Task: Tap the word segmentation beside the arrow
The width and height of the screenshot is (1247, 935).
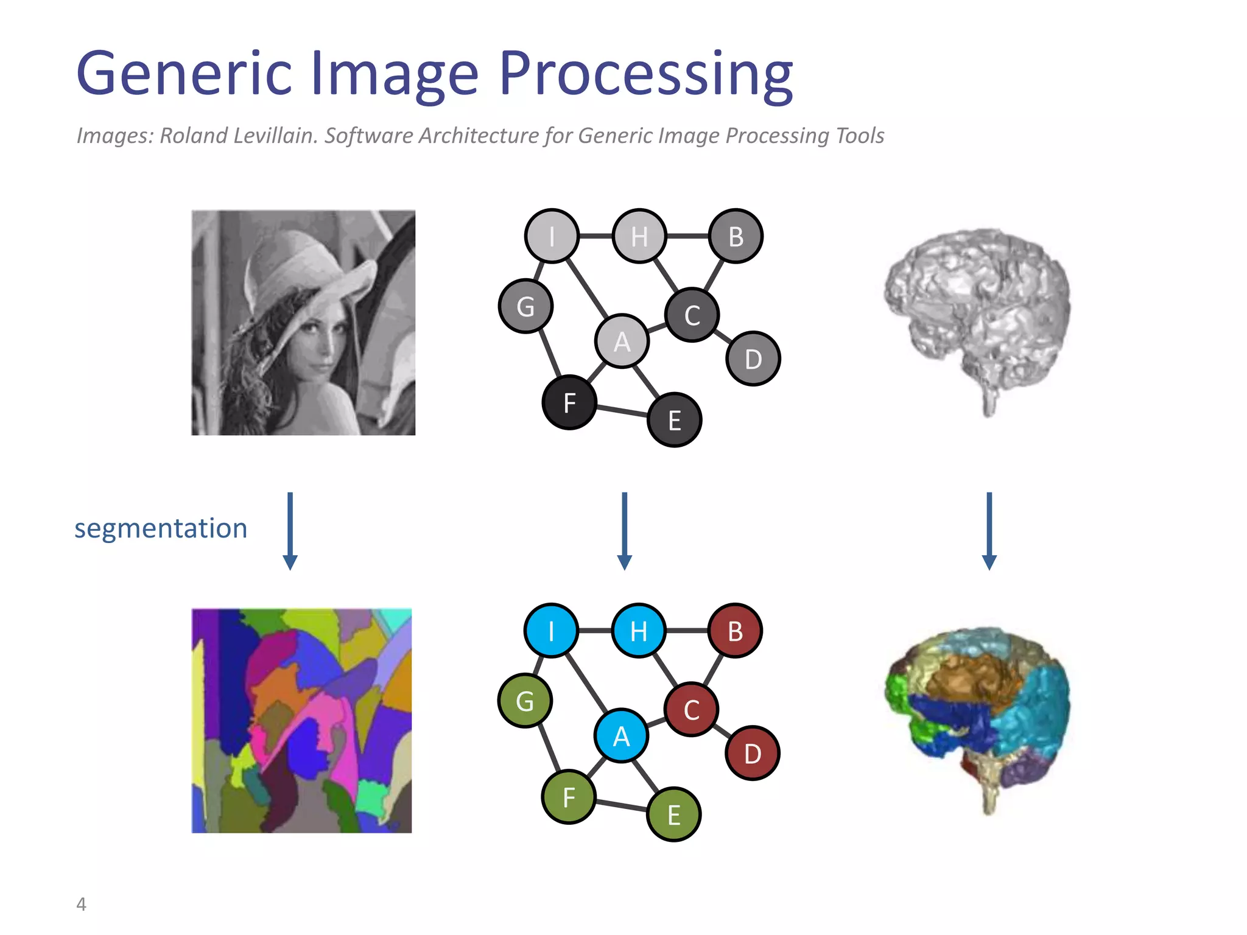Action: tap(161, 528)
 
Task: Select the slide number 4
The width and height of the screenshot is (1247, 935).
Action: tap(81, 904)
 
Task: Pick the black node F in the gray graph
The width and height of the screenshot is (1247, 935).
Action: tap(569, 402)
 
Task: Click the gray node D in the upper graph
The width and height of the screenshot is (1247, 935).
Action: tap(753, 359)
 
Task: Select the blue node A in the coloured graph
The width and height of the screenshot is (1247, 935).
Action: tap(621, 736)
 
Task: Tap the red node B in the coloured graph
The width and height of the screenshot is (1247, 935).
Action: tap(735, 631)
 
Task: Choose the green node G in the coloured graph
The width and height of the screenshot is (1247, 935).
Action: tap(525, 701)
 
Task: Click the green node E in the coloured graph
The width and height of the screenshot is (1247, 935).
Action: tap(674, 814)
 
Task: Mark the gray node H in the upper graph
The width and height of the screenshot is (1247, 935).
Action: tap(639, 236)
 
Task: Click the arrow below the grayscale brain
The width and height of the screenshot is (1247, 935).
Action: tap(989, 531)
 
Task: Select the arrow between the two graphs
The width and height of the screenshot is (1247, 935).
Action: tap(624, 531)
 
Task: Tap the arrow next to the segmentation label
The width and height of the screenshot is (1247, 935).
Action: tap(290, 531)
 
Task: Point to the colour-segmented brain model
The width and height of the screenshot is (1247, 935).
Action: tap(977, 712)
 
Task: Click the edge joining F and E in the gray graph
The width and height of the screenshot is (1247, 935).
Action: tap(622, 411)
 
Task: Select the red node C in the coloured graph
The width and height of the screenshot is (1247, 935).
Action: tap(691, 710)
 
